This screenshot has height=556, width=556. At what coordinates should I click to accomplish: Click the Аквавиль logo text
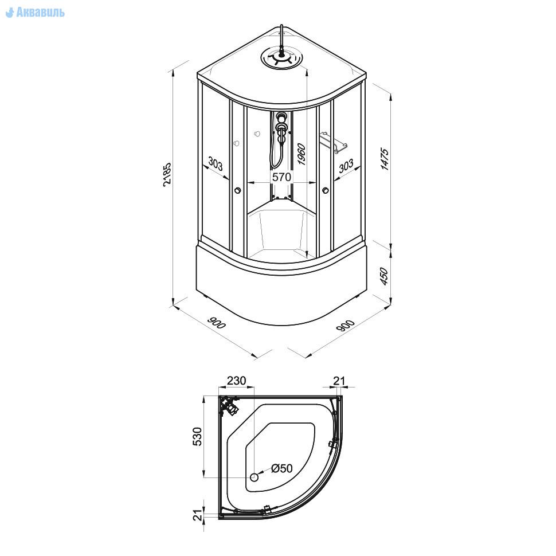[x=40, y=13]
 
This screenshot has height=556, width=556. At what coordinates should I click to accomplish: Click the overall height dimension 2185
[x=167, y=175]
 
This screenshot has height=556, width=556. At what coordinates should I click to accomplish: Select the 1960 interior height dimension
[x=301, y=154]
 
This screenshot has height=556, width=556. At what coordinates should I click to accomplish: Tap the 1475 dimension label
[x=385, y=159]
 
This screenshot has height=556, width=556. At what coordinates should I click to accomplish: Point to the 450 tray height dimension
[x=384, y=276]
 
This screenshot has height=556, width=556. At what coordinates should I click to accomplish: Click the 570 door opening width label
[x=281, y=177]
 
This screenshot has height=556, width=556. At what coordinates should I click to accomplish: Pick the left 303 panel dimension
[x=216, y=164]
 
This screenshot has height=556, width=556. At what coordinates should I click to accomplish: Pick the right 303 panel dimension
[x=346, y=166]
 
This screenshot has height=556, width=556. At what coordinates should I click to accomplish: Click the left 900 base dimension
[x=216, y=323]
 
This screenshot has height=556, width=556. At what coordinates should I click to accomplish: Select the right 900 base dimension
[x=345, y=326]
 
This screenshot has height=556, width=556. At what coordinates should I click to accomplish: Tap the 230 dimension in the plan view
[x=237, y=381]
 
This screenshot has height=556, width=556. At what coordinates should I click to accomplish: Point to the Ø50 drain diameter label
[x=282, y=468]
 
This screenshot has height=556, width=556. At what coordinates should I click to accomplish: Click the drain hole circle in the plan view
[x=254, y=477]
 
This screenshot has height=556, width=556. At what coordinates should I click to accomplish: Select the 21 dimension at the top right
[x=339, y=381]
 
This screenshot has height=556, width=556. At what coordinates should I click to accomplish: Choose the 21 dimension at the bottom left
[x=198, y=514]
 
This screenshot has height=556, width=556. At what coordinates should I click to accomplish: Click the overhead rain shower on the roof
[x=281, y=58]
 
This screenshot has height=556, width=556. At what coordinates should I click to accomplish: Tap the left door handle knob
[x=237, y=191]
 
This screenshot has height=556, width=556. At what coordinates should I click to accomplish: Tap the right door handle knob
[x=326, y=191]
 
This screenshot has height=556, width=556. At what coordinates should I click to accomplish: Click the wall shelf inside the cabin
[x=334, y=142]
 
